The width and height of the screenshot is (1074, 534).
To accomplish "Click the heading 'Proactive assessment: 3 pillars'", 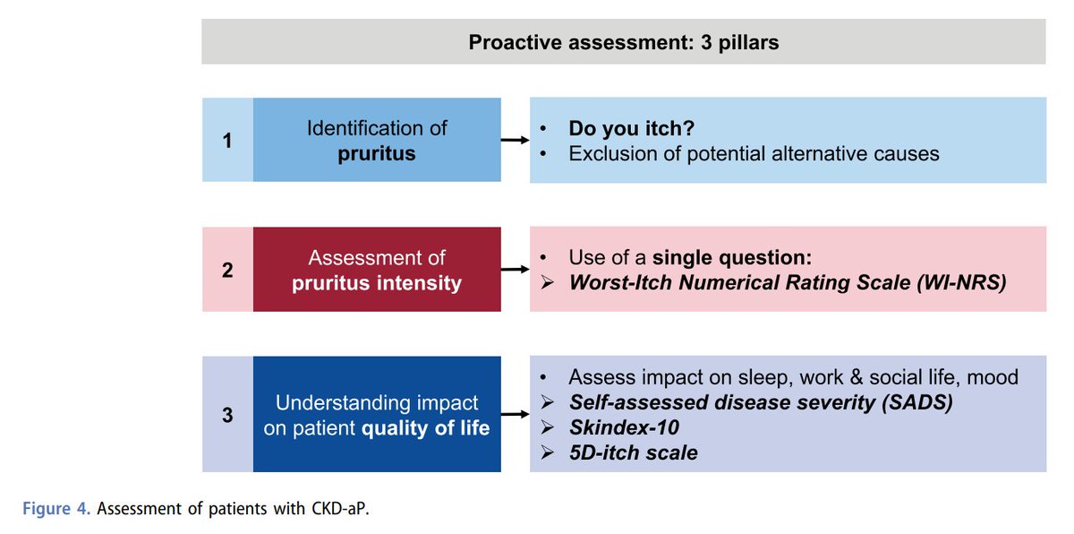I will tap(623, 42).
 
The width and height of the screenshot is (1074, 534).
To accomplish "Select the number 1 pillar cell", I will tap(227, 140).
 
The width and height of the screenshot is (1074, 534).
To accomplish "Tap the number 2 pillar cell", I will tap(227, 270).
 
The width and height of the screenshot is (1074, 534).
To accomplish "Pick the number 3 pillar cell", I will tap(227, 414).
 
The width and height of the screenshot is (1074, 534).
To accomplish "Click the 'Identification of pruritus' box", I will tap(377, 140).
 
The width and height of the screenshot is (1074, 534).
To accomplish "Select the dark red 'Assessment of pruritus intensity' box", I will tap(377, 270).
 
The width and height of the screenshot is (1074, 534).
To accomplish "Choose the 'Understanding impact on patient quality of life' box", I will tap(377, 414).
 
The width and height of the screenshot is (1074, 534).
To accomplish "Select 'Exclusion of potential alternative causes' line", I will tap(754, 153).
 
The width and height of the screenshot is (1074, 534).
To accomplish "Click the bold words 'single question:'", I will tap(731, 258).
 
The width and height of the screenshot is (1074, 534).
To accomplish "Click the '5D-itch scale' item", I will tap(633, 452).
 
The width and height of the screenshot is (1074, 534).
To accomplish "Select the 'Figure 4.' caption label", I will tap(55, 509).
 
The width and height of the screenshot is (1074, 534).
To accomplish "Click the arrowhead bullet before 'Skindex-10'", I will tap(548, 427).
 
